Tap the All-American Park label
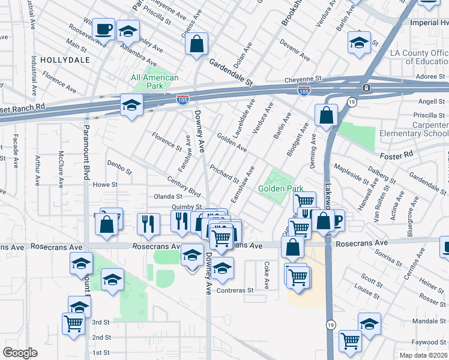click(x=155, y=82)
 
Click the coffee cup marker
click(x=103, y=28)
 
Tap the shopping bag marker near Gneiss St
click(x=196, y=44)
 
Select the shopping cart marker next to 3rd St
click(x=74, y=324)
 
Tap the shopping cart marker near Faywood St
click(x=350, y=341)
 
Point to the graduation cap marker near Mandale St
click(x=369, y=323)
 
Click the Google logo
click(x=20, y=353)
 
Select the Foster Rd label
click(x=396, y=154)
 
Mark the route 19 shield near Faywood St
click(x=330, y=324)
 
